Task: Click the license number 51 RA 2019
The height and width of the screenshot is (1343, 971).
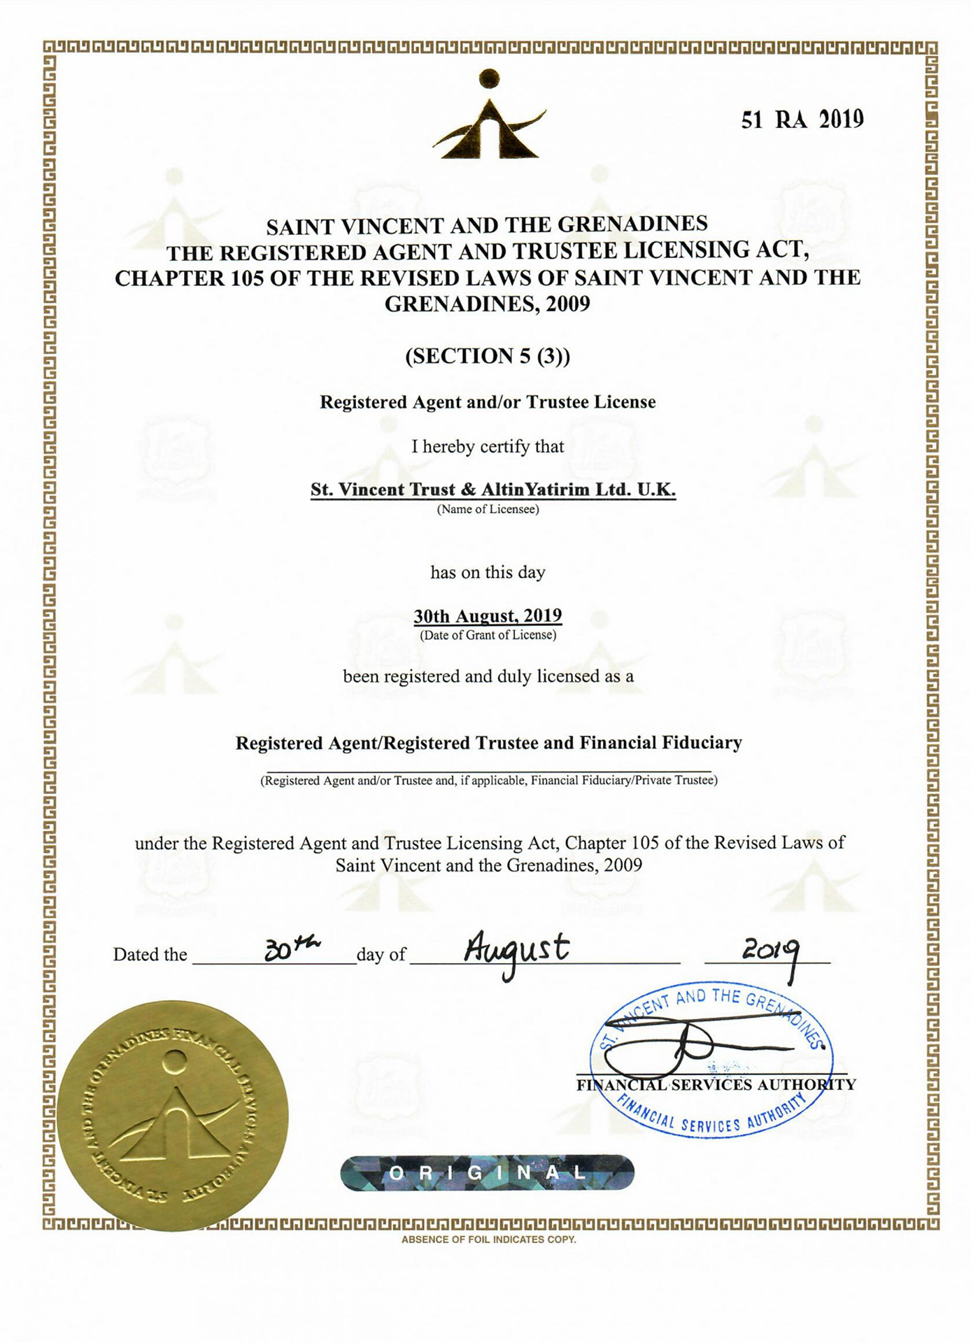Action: tap(802, 120)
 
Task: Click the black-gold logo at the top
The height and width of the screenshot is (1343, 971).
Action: tap(489, 115)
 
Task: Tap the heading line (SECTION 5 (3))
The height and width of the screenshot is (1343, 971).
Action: tap(488, 356)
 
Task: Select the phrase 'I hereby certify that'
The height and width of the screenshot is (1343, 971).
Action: tap(488, 446)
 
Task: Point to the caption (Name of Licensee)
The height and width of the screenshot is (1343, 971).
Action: tap(488, 509)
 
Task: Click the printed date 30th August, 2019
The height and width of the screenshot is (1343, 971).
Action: tap(488, 616)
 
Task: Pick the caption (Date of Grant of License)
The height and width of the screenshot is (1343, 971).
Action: tap(488, 635)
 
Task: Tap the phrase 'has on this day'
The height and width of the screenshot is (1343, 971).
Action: tap(488, 572)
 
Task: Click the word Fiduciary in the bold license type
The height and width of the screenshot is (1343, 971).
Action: tap(702, 743)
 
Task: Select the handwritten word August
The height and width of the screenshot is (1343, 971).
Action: tap(517, 951)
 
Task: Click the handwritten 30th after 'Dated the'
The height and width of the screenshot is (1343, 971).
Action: tap(292, 949)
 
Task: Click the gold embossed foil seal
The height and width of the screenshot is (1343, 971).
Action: tap(173, 1115)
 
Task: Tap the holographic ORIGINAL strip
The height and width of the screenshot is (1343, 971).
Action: tap(488, 1173)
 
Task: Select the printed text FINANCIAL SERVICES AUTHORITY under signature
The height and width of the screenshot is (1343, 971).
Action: tap(716, 1085)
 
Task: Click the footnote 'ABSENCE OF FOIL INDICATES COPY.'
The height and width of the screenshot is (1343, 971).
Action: tap(488, 1239)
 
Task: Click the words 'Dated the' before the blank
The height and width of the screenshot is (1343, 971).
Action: tap(150, 955)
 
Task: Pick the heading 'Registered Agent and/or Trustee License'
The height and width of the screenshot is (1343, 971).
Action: tap(488, 402)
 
